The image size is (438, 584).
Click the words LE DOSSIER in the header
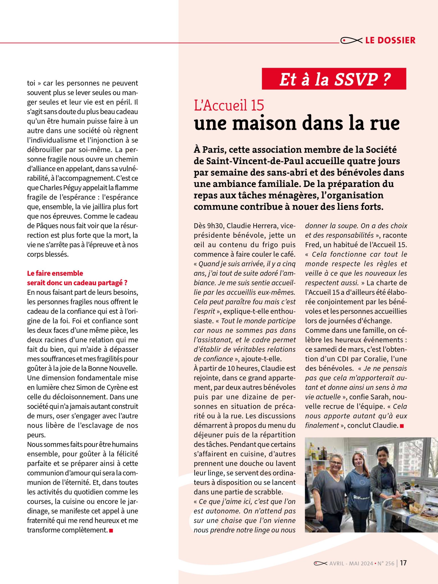pos(390,40)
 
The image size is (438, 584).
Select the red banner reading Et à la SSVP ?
pos(334,79)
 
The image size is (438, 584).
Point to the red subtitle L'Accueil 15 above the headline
pos(229,105)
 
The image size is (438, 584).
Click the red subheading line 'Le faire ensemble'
pos(55,273)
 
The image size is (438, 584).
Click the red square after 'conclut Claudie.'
pos(402,426)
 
